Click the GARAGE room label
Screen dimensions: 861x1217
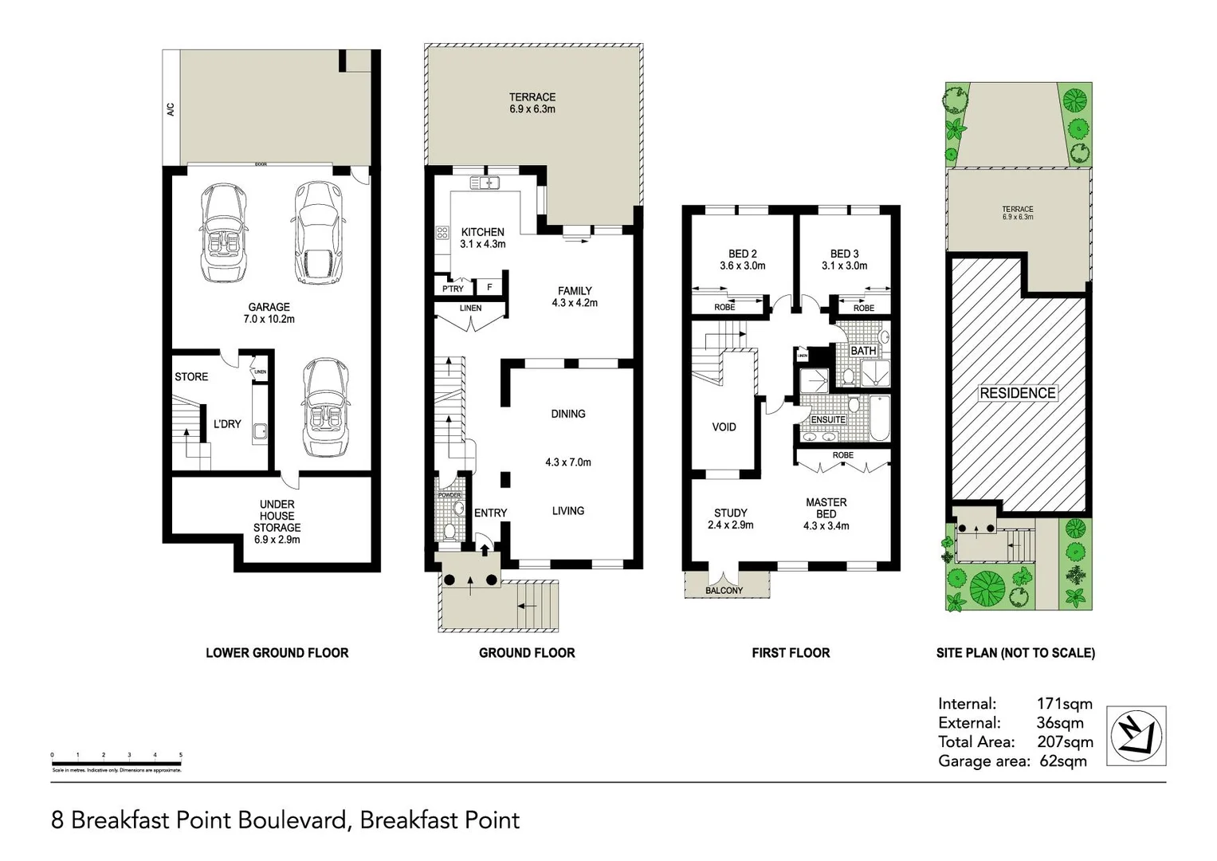[269, 307]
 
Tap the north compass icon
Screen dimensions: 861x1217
[1137, 736]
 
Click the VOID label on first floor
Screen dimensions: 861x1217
[724, 427]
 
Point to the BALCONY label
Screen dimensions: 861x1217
[724, 591]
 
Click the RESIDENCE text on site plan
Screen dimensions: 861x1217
[1017, 393]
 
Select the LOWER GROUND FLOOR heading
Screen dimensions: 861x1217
[277, 653]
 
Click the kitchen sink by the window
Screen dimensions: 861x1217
[485, 183]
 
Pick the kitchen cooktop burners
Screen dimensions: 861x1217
[442, 234]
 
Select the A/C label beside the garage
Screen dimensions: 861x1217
[171, 109]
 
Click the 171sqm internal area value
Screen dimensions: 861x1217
[1064, 704]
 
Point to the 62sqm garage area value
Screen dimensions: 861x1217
[1063, 761]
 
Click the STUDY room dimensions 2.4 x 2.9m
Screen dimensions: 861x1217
[730, 525]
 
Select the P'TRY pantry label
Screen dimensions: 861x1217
[453, 289]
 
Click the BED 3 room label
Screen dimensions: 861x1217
[844, 254]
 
